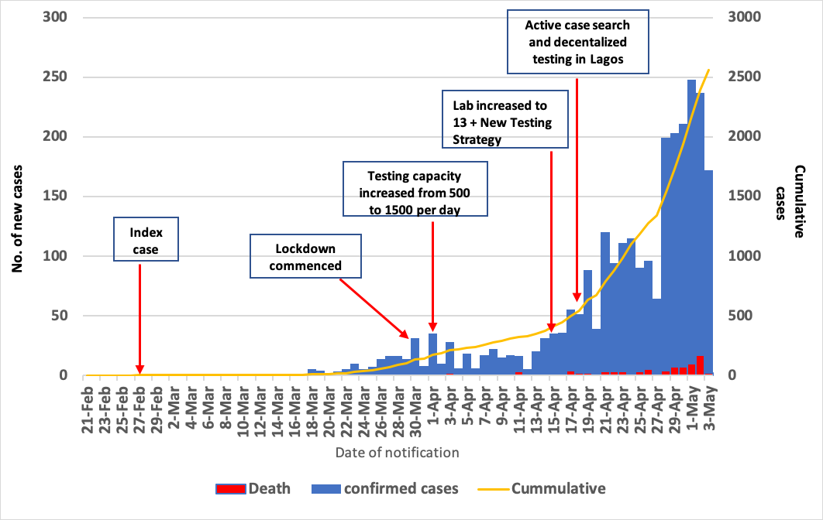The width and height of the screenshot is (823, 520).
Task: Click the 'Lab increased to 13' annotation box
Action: [506, 118]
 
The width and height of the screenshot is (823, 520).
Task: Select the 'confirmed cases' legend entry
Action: [384, 488]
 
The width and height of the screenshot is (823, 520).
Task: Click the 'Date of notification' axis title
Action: [398, 452]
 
